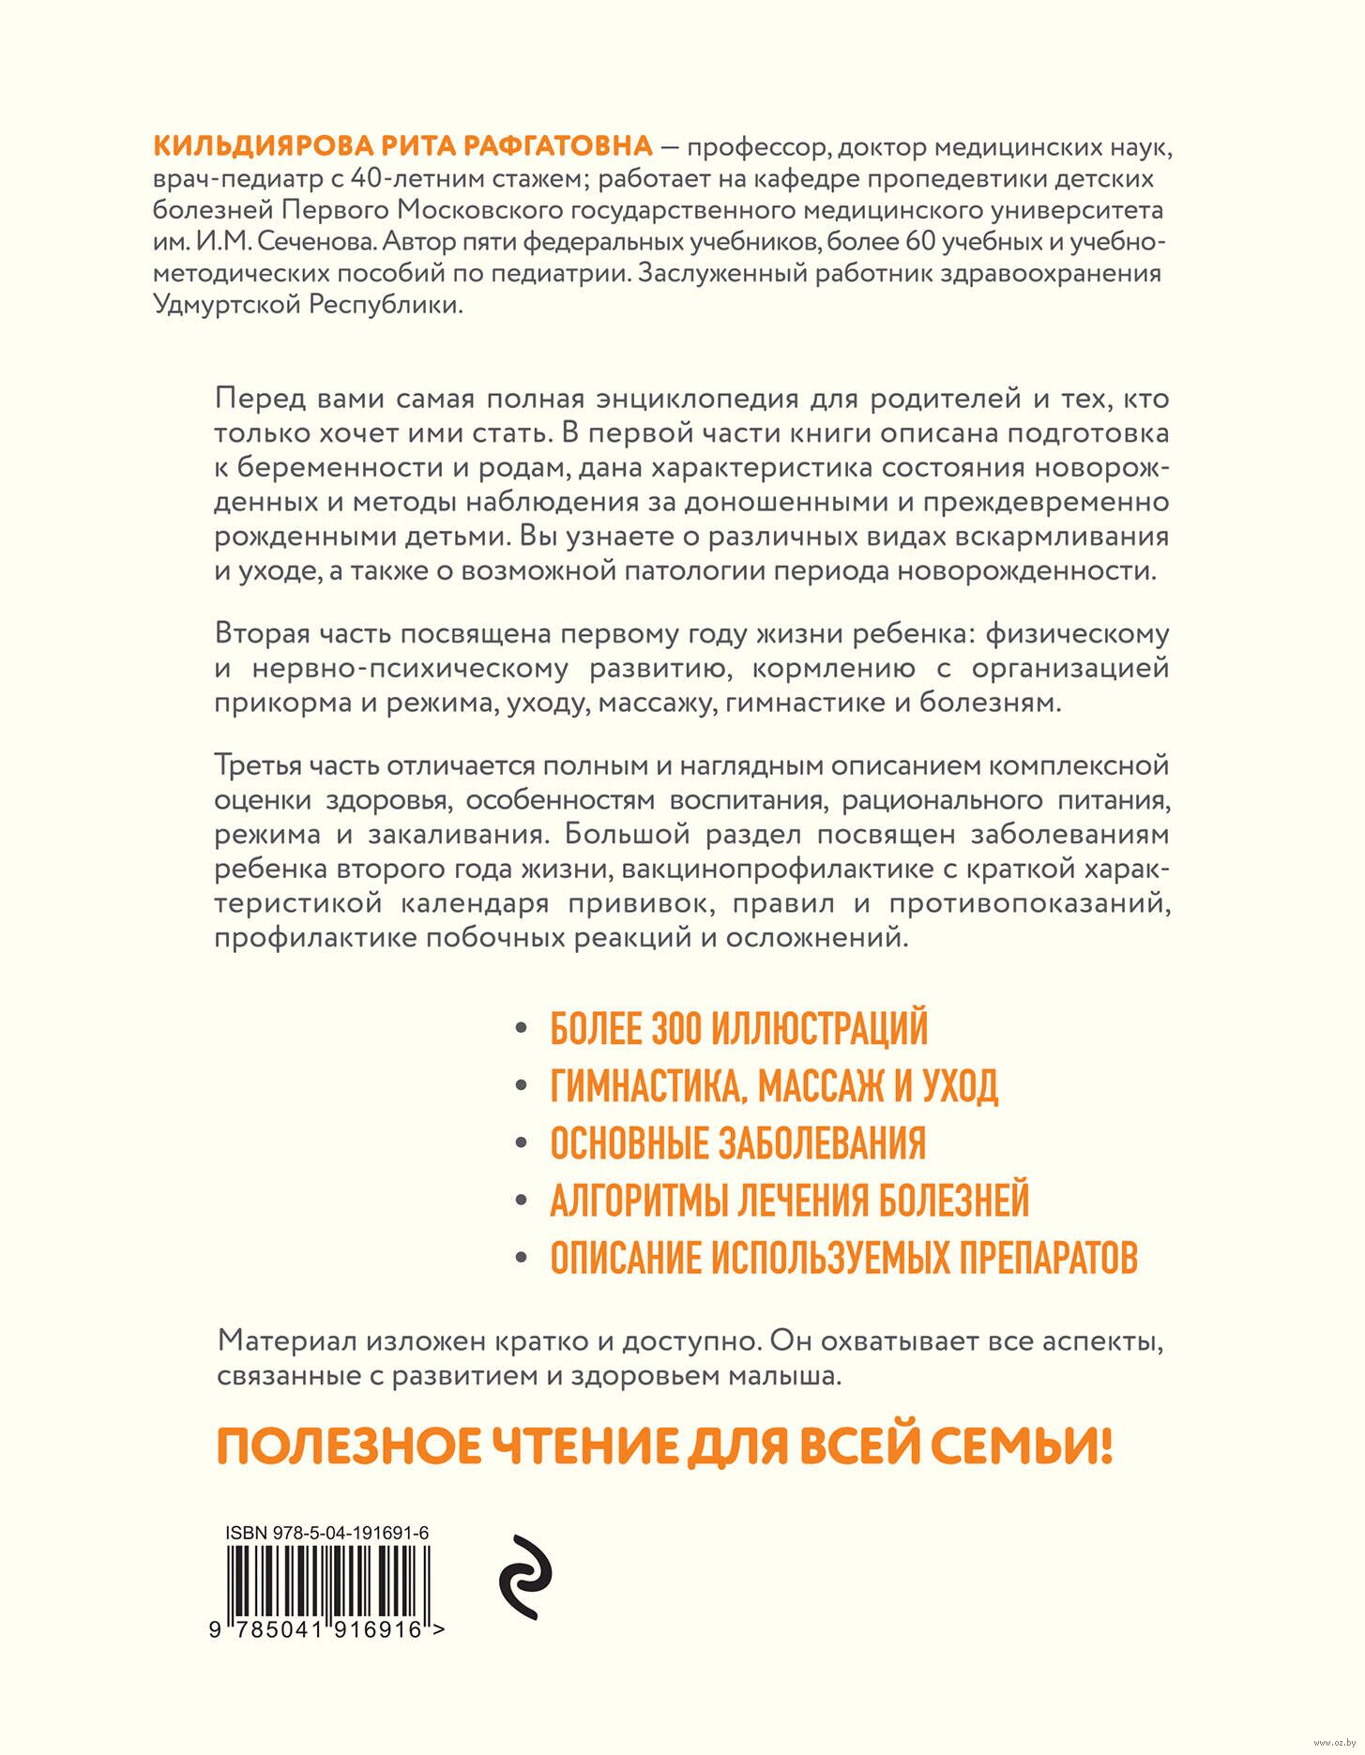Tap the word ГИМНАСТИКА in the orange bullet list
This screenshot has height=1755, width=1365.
pos(647,1086)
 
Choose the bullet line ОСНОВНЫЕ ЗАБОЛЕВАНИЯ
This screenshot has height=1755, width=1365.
pos(737,1143)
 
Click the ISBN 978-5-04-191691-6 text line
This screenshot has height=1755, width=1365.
pos(326,1533)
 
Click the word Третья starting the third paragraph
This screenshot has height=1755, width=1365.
pos(259,764)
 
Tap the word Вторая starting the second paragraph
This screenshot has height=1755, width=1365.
pos(262,633)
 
